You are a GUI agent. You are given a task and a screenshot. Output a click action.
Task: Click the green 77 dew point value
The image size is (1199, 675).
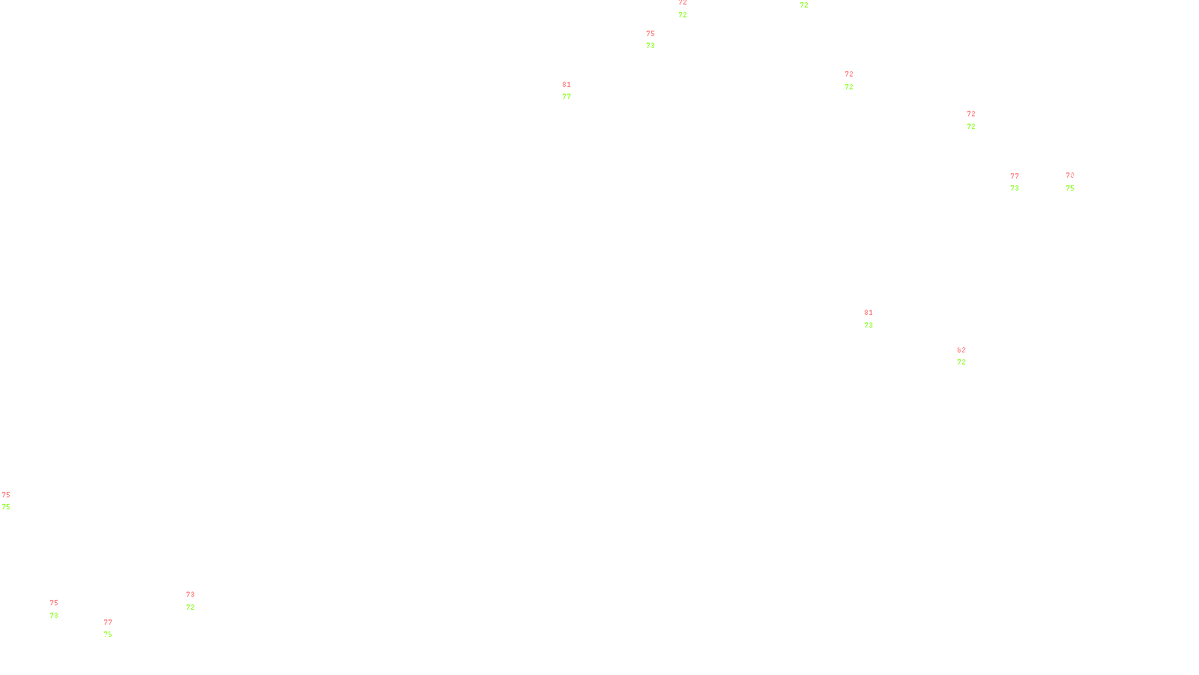coord(567,97)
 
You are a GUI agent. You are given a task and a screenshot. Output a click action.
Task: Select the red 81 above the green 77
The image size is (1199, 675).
coord(567,85)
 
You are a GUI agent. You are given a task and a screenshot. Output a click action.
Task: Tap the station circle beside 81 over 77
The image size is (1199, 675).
coord(575,91)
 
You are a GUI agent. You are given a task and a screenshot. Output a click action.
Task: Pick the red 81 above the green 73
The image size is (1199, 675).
coord(869,313)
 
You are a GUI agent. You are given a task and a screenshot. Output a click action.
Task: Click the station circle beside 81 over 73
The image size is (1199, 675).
coord(875,319)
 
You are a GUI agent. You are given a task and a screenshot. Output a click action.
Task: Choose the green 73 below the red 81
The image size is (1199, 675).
coord(869,325)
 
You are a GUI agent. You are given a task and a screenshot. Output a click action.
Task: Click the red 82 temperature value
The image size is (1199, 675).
coord(961,350)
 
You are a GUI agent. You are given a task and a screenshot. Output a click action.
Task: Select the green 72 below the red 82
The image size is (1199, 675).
coord(961,362)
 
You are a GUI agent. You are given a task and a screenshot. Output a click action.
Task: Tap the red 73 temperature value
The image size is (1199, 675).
coord(190,595)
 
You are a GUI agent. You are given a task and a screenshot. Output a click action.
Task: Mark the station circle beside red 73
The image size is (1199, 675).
coord(197,601)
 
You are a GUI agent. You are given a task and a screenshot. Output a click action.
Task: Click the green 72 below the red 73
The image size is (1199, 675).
coord(190,607)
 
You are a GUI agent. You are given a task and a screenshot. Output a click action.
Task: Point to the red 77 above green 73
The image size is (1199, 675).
coord(1015,176)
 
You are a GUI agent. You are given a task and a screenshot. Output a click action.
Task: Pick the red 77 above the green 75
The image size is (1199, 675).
coord(108,622)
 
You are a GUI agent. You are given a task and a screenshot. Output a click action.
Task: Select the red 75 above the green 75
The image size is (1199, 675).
coord(6,495)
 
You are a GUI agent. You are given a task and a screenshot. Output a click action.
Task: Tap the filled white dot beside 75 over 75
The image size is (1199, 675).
coord(13,501)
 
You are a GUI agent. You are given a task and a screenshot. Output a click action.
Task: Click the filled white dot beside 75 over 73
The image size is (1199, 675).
coord(61,609)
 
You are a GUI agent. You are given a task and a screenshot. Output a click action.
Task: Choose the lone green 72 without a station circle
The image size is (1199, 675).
coord(804,5)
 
